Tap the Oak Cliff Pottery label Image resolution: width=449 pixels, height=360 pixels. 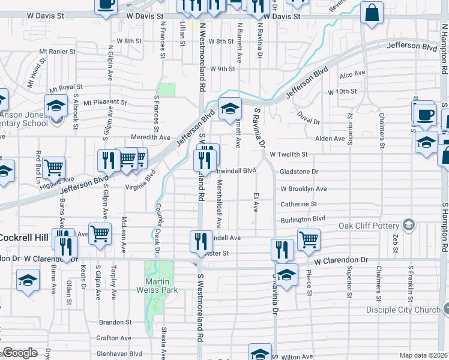tap(369, 226)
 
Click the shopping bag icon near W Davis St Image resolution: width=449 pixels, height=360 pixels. tap(372, 13)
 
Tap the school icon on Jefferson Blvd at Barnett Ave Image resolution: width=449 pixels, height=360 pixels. tap(229, 109)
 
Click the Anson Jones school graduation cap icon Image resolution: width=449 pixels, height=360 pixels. tap(56, 106)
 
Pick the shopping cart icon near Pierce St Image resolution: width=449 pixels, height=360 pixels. tap(309, 239)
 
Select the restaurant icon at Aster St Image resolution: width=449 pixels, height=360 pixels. tap(201, 241)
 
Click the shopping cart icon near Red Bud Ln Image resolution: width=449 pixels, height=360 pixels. tap(54, 167)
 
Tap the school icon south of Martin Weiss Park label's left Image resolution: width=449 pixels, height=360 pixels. tap(28, 281)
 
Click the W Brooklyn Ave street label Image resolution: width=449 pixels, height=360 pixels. tap(304, 188)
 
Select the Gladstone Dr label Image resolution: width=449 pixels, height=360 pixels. tap(298, 172)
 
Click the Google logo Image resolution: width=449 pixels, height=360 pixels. tap(19, 353)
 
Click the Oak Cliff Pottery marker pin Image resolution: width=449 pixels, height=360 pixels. tap(409, 225)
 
